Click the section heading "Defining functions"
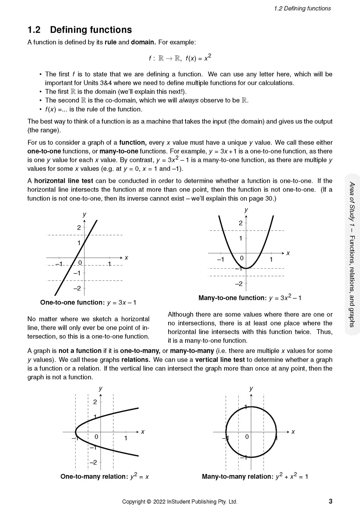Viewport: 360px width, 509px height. [x=91, y=30]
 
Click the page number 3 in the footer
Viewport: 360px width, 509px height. [x=331, y=501]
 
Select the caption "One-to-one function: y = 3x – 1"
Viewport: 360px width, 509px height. [x=88, y=303]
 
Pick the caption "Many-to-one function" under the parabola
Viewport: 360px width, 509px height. [x=232, y=298]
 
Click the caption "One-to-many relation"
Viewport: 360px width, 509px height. [x=94, y=477]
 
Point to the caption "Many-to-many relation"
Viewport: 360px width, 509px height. [x=237, y=477]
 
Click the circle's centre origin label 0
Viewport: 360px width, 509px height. [x=247, y=437]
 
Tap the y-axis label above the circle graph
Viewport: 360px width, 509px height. [x=251, y=388]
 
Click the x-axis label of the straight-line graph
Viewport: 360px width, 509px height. [x=126, y=258]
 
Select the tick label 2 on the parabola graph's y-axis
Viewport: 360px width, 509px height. [x=241, y=223]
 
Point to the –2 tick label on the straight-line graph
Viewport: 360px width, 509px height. [x=77, y=288]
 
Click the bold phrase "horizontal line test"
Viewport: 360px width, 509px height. [x=63, y=181]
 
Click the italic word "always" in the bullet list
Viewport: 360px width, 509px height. [x=189, y=100]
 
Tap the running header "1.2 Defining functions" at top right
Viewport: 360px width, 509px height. [x=302, y=9]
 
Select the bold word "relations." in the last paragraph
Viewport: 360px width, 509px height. [x=135, y=360]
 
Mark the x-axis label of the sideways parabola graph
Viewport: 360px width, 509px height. [x=143, y=432]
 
